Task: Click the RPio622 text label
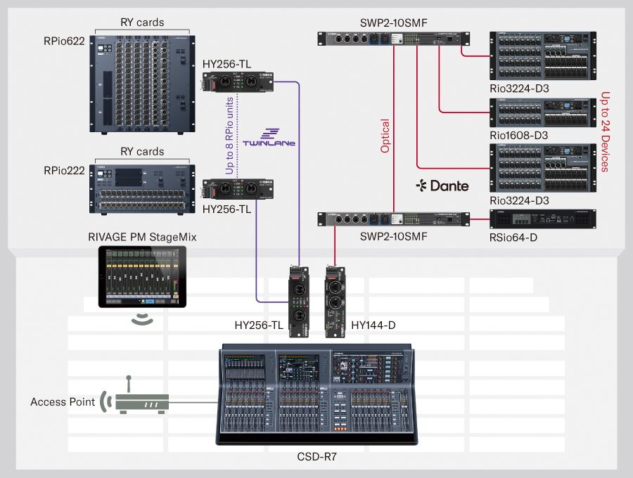(64, 41)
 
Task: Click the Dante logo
(442, 186)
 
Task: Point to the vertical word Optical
(385, 136)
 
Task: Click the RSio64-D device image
(542, 219)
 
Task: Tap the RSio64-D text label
(515, 238)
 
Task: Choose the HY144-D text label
(373, 325)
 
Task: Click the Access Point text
(63, 402)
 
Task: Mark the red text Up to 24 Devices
(604, 131)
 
